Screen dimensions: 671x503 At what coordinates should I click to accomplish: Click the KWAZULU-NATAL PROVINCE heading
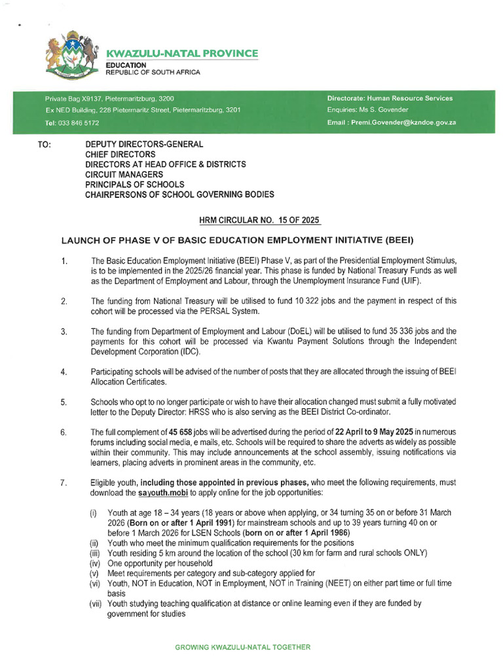click(x=182, y=53)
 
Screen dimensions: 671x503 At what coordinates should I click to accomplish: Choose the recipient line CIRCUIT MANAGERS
click(x=124, y=175)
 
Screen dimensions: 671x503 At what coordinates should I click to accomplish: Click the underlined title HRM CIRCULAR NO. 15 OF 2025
click(x=251, y=221)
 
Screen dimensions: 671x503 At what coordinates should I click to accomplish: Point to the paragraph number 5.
click(x=64, y=402)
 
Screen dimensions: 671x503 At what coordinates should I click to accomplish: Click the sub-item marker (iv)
click(x=96, y=562)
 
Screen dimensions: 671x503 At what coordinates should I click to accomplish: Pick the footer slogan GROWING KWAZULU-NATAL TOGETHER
click(x=242, y=647)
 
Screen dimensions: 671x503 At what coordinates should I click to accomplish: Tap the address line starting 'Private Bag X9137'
click(x=109, y=98)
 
